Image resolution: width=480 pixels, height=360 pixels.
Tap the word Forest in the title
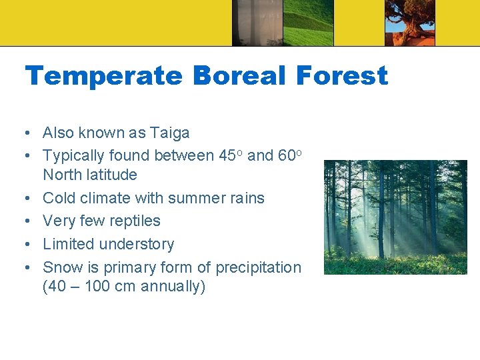[341, 76]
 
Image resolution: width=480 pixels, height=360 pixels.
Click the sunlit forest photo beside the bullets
[395, 217]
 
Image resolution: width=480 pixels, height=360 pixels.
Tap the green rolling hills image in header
[307, 23]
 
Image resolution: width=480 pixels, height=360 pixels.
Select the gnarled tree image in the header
[409, 23]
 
